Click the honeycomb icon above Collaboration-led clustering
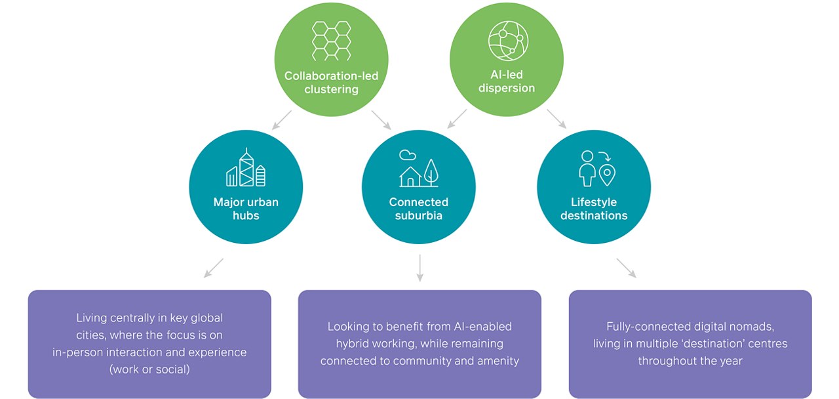point(331,41)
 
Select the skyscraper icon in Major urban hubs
point(246,167)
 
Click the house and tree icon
point(418,169)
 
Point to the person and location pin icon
point(596,169)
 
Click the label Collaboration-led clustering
point(331,83)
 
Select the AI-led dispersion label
point(507,82)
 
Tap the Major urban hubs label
point(246,209)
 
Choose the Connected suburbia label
point(418,209)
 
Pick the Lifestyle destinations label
point(594,209)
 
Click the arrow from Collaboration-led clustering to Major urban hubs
point(282,119)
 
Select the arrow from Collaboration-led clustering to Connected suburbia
point(381,119)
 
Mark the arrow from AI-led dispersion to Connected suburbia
point(457,119)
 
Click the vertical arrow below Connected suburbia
point(419,268)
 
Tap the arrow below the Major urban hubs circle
point(214,268)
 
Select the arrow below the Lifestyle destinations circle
point(626,268)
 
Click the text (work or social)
point(149,369)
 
